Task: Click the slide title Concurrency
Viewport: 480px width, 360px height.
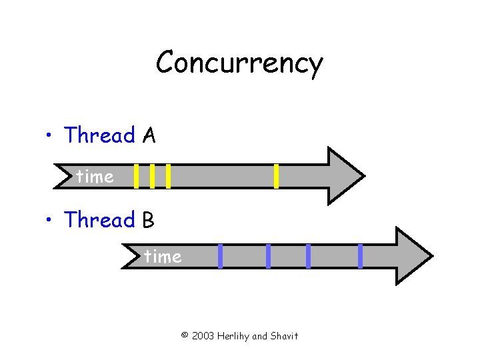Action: [239, 64]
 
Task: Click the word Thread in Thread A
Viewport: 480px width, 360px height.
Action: [99, 135]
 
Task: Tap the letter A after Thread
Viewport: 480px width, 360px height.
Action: [149, 136]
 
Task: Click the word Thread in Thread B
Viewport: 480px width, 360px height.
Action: [99, 219]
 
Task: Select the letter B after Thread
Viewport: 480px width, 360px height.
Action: [148, 220]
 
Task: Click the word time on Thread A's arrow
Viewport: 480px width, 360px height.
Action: [95, 177]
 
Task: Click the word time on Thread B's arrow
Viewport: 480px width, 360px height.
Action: [163, 257]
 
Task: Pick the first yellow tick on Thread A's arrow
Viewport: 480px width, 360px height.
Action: [136, 176]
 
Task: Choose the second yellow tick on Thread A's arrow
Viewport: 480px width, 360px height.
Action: [152, 176]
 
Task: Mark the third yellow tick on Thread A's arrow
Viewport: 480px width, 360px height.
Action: [168, 176]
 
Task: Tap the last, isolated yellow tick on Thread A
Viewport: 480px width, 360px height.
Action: [276, 176]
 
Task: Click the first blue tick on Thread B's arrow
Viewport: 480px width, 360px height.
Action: [220, 256]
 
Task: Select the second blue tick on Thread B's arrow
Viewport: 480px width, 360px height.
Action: [268, 256]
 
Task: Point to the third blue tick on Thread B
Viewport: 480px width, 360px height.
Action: [308, 256]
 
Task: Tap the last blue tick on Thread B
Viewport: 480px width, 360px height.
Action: [360, 256]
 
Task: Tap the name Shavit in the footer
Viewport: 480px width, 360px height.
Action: [285, 336]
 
